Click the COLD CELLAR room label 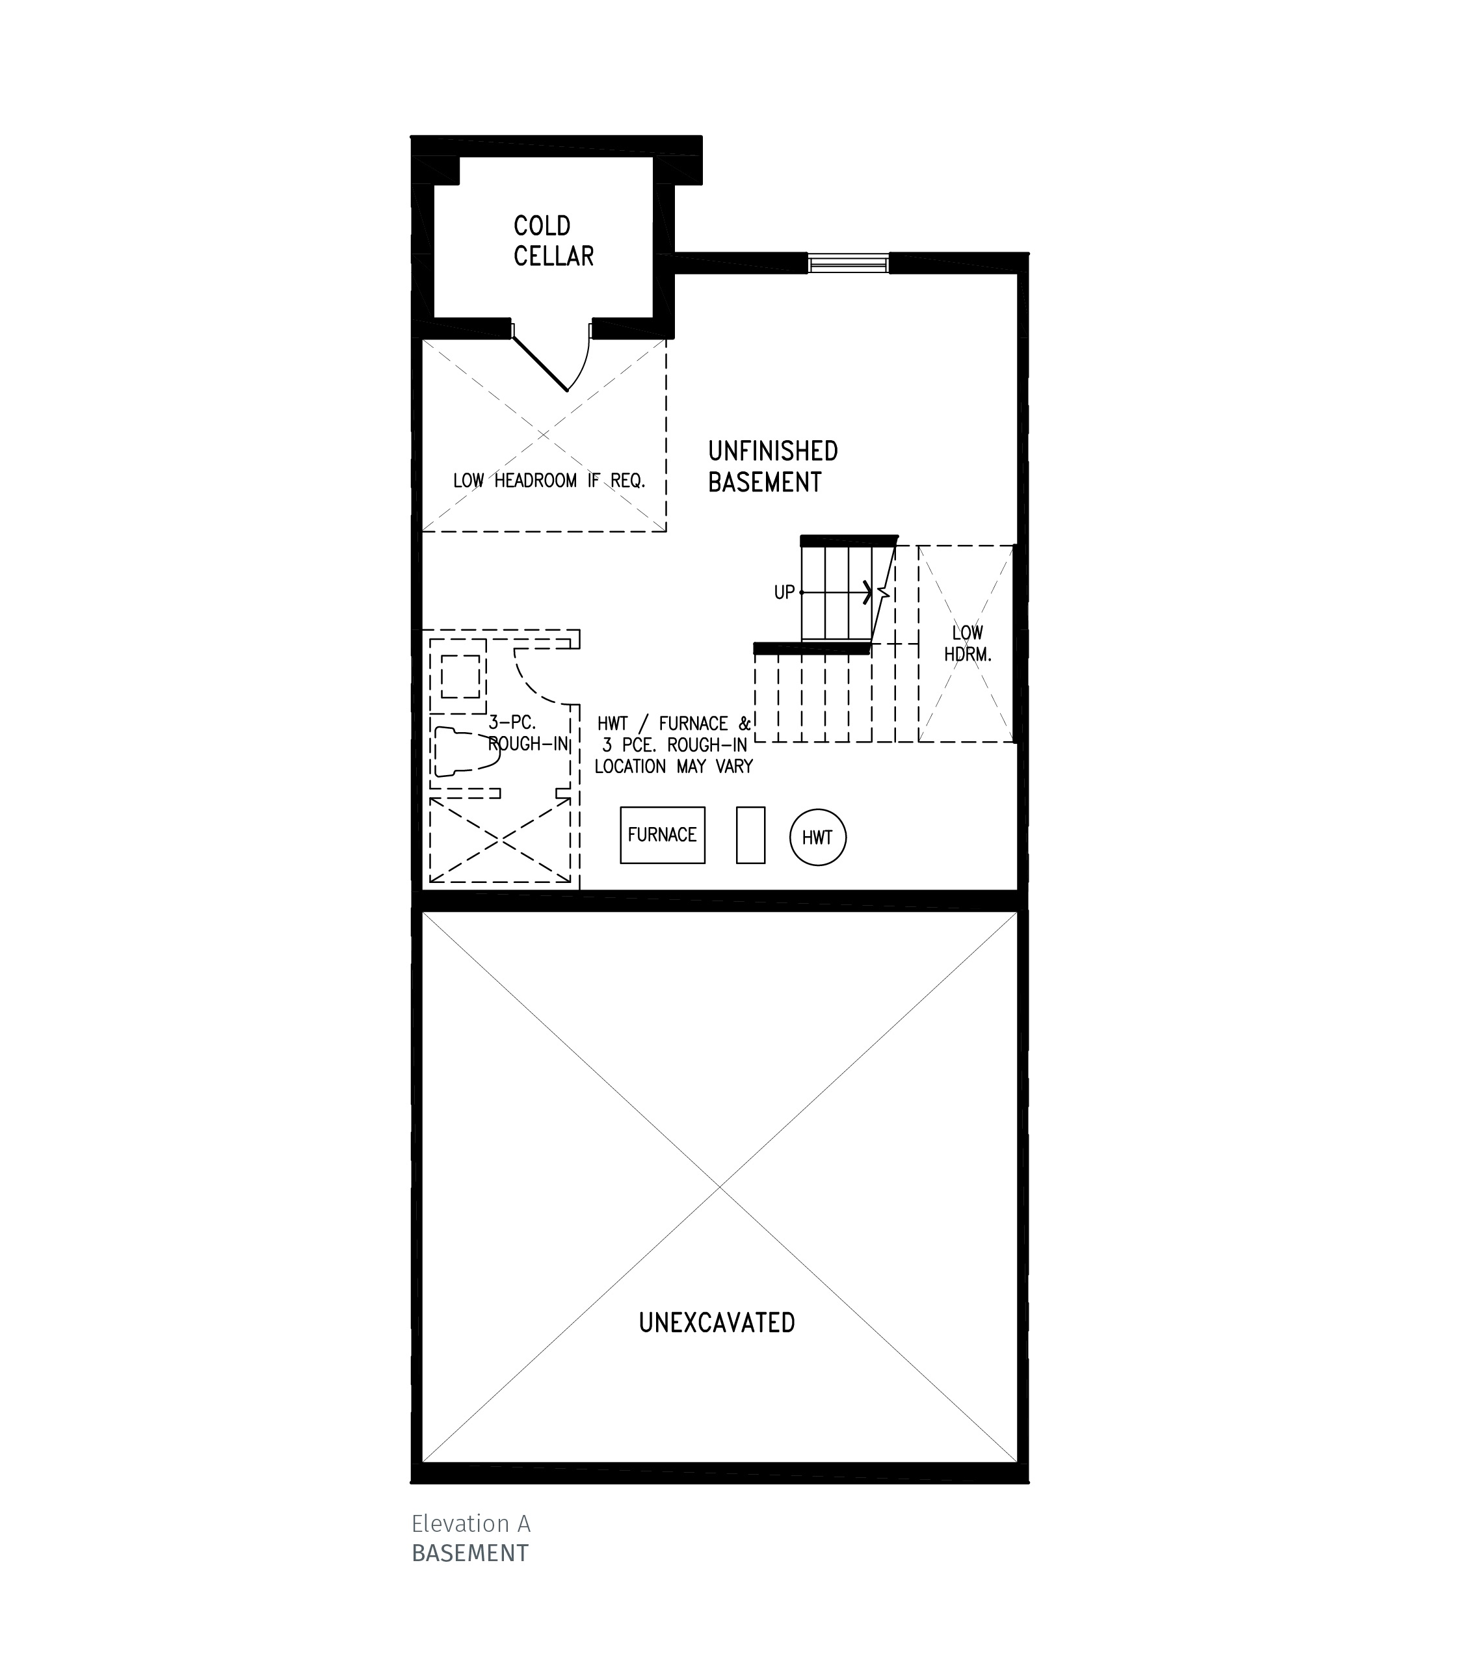[553, 241]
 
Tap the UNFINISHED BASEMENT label [772, 466]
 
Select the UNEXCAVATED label [717, 1322]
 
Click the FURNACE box [662, 835]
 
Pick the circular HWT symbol [817, 837]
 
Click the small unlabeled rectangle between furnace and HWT [750, 835]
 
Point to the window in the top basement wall [849, 263]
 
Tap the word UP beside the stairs [784, 593]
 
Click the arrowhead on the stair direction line [869, 593]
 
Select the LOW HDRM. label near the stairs [967, 643]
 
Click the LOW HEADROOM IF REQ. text [549, 481]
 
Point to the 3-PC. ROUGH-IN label [527, 733]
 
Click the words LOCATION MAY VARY [673, 767]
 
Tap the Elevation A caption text [470, 1523]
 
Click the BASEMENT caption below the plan [469, 1553]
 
